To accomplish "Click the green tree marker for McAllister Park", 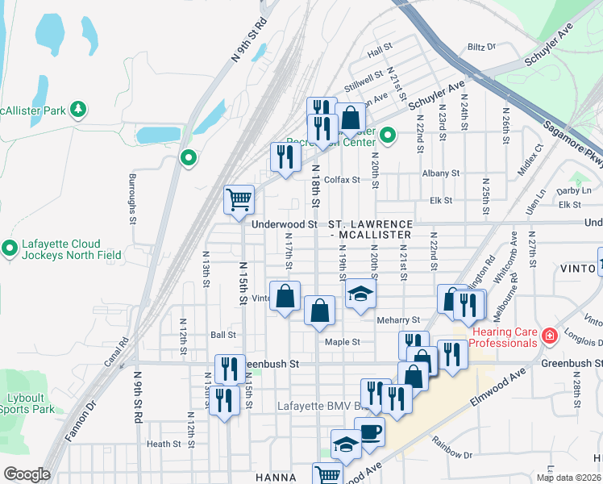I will (78, 109).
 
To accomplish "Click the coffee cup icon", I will (369, 432).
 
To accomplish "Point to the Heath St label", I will (164, 444).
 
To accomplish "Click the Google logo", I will (27, 474).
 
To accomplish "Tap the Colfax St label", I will (342, 180).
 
